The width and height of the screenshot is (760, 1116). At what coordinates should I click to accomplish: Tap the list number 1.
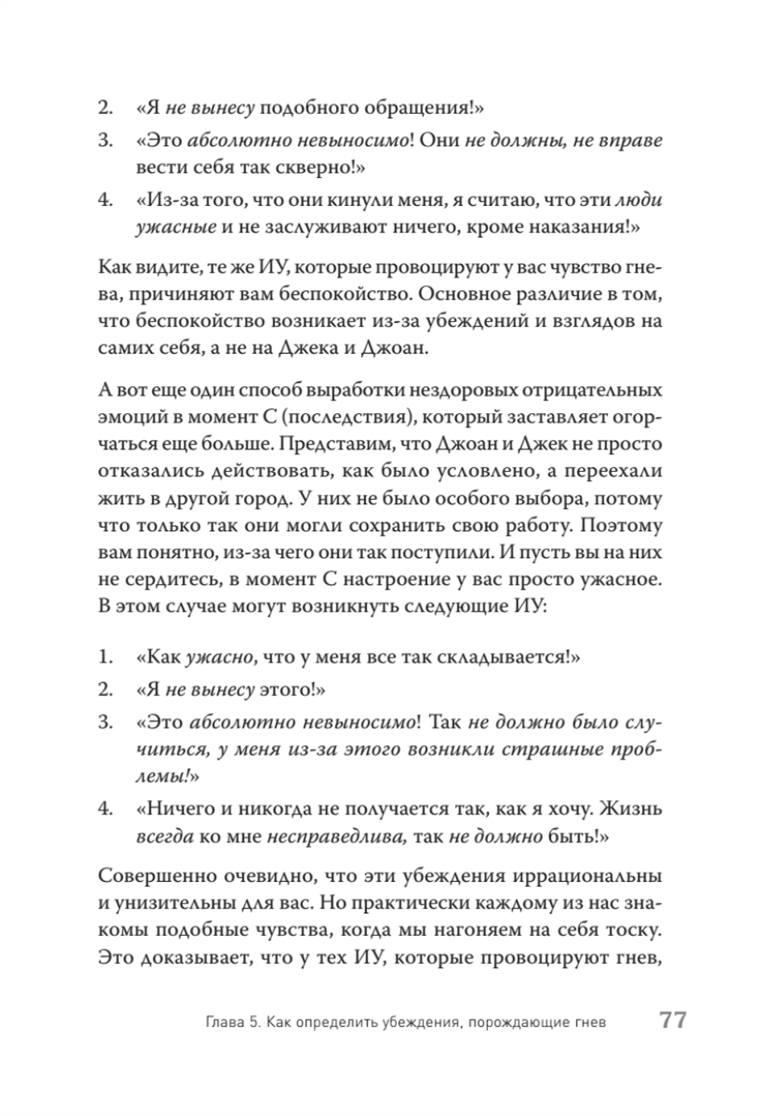(105, 657)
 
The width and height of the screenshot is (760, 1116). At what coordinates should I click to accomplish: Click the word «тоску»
(633, 931)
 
